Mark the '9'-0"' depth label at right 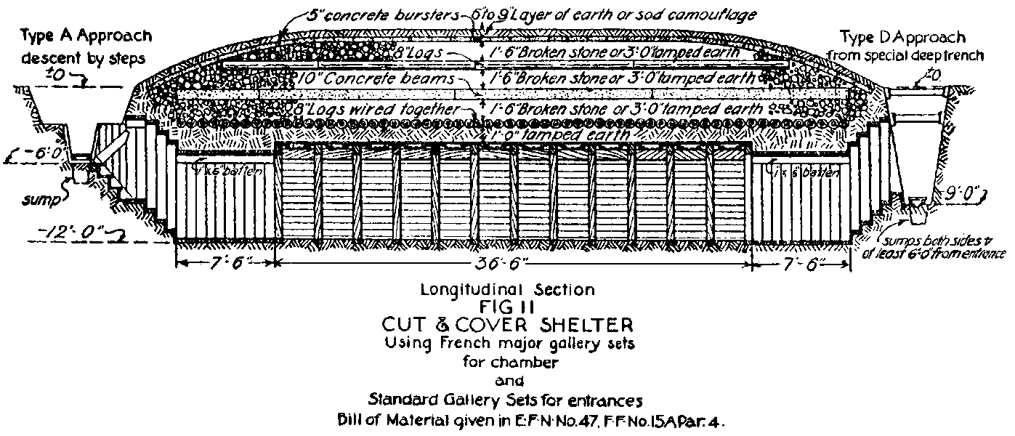962,193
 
